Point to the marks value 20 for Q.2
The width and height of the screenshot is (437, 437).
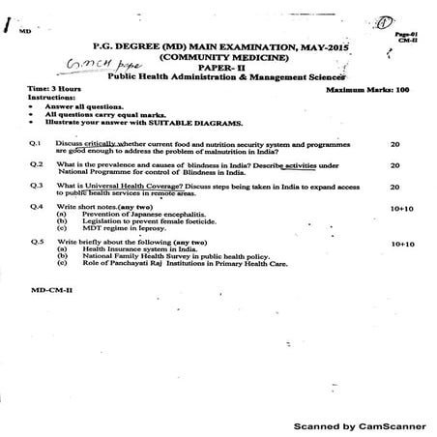(394, 164)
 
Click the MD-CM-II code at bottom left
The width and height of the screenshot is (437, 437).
(49, 288)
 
